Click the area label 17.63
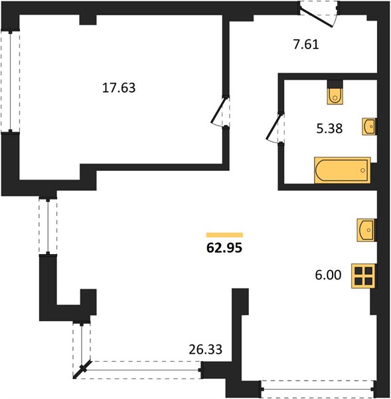pyautogui.click(x=119, y=88)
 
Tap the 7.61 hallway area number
pyautogui.click(x=306, y=45)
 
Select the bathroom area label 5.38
pyautogui.click(x=329, y=128)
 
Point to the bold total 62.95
pyautogui.click(x=224, y=247)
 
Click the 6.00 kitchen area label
pyautogui.click(x=328, y=275)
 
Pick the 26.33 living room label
pyautogui.click(x=206, y=350)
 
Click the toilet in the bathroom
pyautogui.click(x=335, y=96)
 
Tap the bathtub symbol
pyautogui.click(x=343, y=170)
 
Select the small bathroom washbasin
pyautogui.click(x=368, y=126)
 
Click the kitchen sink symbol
pyautogui.click(x=366, y=230)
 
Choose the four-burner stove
pyautogui.click(x=363, y=276)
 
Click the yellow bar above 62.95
pyautogui.click(x=224, y=235)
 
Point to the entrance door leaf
pyautogui.click(x=316, y=18)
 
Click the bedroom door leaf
pyautogui.click(x=218, y=110)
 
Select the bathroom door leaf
pyautogui.click(x=274, y=127)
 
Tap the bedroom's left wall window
pyautogui.click(x=11, y=81)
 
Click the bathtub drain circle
pyautogui.click(x=363, y=170)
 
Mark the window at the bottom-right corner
pyautogui.click(x=317, y=389)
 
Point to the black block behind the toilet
pyautogui.click(x=335, y=84)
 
